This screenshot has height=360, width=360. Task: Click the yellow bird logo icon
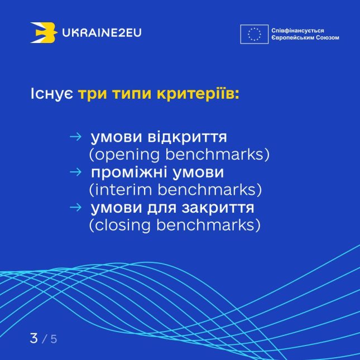[44, 32]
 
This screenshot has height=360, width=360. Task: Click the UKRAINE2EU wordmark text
[102, 32]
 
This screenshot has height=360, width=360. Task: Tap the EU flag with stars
[254, 34]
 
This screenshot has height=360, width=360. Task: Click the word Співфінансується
[297, 31]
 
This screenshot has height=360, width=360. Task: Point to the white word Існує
[52, 94]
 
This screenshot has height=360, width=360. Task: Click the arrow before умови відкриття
[75, 137]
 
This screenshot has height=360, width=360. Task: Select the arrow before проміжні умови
[75, 172]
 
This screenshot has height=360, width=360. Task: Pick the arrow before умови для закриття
[75, 207]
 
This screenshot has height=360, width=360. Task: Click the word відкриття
[187, 137]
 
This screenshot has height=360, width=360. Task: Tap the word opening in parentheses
[127, 155]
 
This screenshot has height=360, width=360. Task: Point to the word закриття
[218, 208]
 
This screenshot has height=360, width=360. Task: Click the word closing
[123, 225]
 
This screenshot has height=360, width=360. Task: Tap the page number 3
[33, 338]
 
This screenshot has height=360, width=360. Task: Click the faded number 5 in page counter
[54, 339]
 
